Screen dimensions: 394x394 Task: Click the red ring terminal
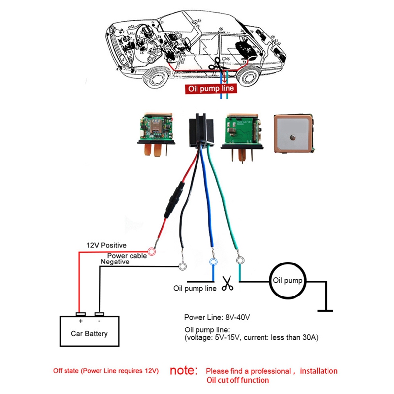click(152, 252)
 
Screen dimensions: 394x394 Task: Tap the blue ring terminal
click(213, 262)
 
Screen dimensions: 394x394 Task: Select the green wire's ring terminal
click(240, 261)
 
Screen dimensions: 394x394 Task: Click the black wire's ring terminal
click(183, 267)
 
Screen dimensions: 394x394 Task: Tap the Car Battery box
click(89, 333)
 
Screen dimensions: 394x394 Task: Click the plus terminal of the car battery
click(80, 314)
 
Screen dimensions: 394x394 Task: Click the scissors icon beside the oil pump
click(227, 283)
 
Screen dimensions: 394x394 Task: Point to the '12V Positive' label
click(106, 245)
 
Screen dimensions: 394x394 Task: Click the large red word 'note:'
click(184, 371)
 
